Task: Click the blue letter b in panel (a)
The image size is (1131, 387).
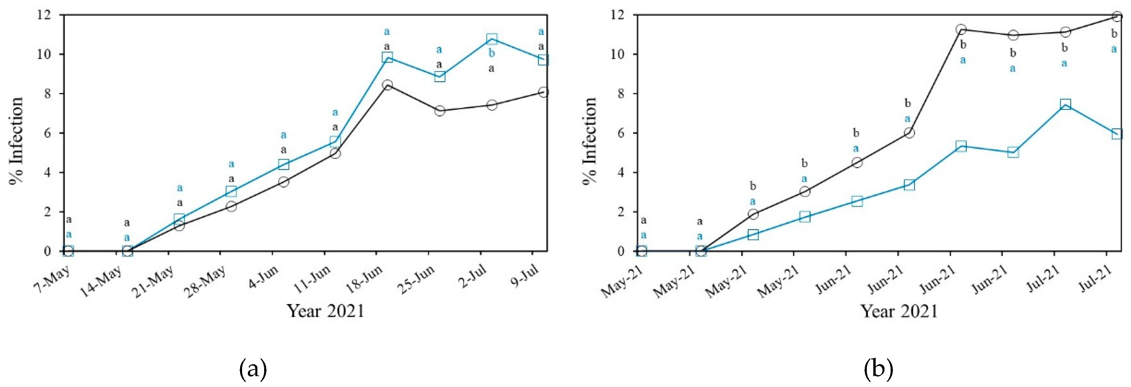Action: tap(491, 54)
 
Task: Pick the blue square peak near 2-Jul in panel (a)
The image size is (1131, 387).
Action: tap(492, 39)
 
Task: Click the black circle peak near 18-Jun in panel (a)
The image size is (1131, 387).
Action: tap(387, 84)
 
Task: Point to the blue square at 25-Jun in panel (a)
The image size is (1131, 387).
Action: tap(439, 76)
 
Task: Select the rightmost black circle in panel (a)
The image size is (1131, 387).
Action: tap(543, 92)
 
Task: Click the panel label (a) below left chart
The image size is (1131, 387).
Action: tap(253, 369)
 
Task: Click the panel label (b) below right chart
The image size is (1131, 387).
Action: tap(878, 369)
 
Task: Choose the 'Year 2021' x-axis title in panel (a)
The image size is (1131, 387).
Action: tap(325, 311)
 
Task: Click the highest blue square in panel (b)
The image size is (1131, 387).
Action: tap(1065, 104)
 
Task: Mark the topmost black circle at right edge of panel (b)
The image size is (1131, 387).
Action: tap(1117, 17)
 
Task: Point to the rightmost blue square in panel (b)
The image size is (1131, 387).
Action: tap(1117, 134)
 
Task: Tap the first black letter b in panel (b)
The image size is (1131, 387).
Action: tap(753, 186)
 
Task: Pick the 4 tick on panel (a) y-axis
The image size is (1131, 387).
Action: tap(47, 172)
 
